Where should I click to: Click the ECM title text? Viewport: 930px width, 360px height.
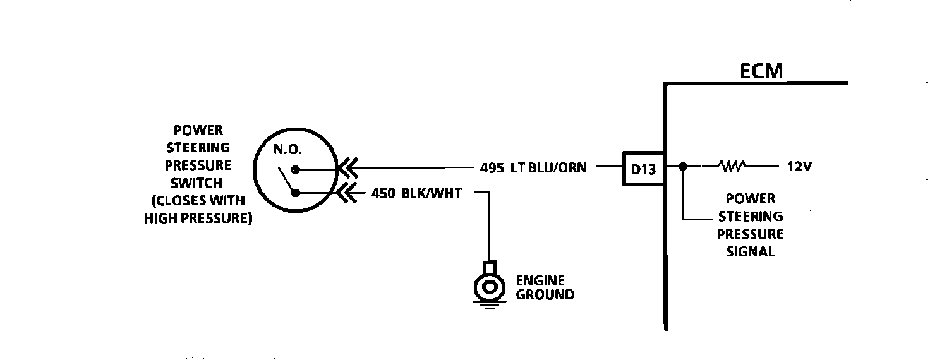761,71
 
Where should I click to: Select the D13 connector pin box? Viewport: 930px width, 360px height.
643,169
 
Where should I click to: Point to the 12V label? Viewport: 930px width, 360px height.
799,167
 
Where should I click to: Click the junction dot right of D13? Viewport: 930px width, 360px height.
682,167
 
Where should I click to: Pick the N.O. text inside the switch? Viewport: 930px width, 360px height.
287,150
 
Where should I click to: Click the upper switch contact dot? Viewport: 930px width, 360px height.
295,169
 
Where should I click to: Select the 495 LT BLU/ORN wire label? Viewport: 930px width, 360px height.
533,168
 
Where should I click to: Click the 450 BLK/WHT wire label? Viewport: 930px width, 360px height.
416,193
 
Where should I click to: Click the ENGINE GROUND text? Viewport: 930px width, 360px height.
545,287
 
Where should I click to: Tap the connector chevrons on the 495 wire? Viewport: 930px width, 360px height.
347,169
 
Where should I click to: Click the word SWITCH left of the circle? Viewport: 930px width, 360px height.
198,183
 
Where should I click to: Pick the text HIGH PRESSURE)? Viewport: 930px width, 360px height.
198,219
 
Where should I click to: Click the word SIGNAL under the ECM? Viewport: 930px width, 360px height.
751,251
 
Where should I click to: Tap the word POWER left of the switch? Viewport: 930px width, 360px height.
198,131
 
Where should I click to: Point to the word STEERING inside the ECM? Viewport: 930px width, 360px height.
751,216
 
